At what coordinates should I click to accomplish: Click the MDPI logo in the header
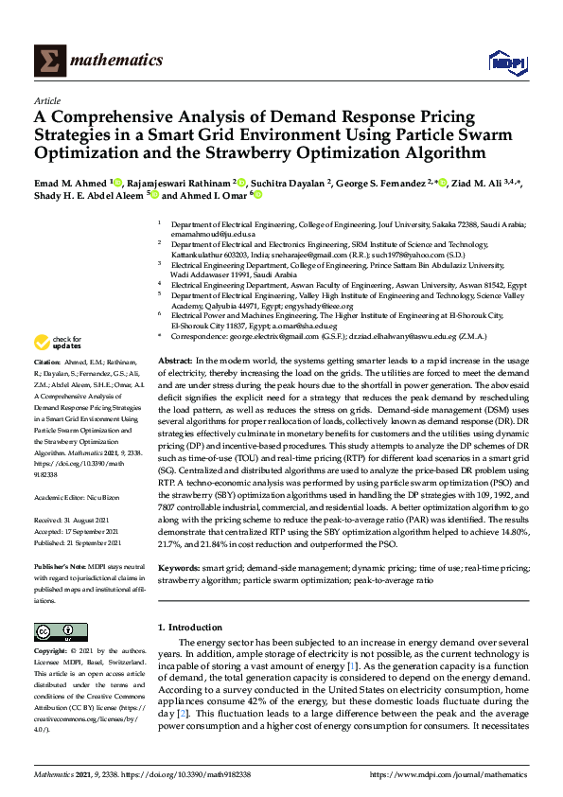click(x=506, y=62)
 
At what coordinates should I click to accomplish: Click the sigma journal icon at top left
click(x=48, y=62)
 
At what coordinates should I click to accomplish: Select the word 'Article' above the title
click(x=47, y=100)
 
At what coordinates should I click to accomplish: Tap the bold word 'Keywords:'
click(x=180, y=569)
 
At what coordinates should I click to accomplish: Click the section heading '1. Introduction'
click(x=190, y=628)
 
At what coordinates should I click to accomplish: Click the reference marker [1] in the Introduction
click(x=351, y=667)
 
